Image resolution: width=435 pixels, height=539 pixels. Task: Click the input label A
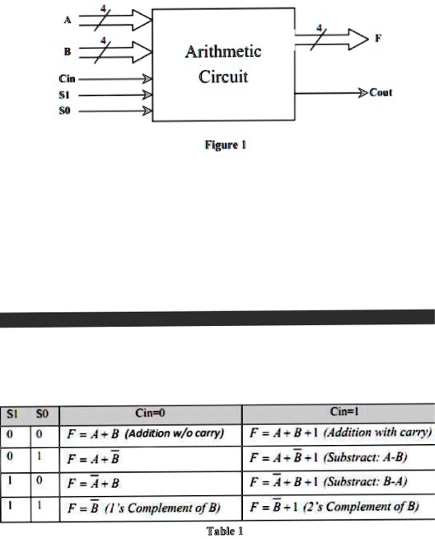[x=68, y=21]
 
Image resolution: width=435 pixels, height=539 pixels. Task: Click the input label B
[x=68, y=52]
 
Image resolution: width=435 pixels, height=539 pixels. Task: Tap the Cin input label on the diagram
[x=67, y=78]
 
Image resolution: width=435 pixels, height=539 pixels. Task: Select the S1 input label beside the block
[x=64, y=95]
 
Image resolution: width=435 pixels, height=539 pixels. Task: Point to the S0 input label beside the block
[x=64, y=111]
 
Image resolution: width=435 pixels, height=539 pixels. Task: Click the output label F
[x=378, y=38]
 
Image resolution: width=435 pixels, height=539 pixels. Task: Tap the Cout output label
[x=381, y=92]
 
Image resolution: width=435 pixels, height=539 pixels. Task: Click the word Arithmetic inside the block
[x=223, y=51]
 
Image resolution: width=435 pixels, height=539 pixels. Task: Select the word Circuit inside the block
[x=223, y=76]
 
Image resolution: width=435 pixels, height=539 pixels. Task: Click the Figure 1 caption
[x=226, y=144]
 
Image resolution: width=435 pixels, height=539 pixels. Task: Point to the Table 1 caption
[x=225, y=531]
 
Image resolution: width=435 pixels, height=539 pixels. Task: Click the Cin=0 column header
[x=150, y=413]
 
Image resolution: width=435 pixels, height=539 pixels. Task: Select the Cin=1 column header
[x=344, y=411]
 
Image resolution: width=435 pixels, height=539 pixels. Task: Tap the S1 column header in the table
[x=12, y=414]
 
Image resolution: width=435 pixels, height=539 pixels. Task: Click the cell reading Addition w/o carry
[x=150, y=435]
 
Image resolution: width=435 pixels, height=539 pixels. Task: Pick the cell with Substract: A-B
[x=339, y=458]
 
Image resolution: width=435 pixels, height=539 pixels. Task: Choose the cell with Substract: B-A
[x=339, y=482]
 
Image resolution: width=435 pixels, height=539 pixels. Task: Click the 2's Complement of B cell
[x=339, y=507]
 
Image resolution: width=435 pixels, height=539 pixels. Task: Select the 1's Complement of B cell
[x=150, y=508]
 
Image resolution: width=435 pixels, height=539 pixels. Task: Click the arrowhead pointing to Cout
[x=363, y=92]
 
